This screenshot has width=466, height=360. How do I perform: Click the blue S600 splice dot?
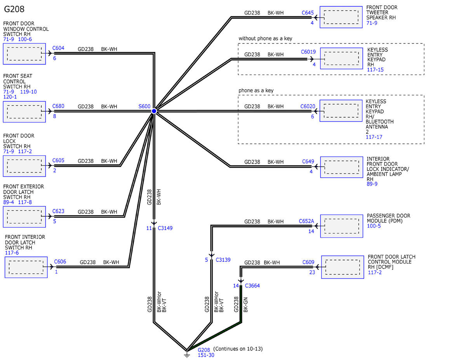click(154, 111)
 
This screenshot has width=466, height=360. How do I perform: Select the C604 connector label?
click(58, 48)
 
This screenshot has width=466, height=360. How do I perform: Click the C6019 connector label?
click(308, 52)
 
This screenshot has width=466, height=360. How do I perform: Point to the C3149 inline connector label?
click(165, 228)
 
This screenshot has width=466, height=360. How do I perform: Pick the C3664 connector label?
click(252, 285)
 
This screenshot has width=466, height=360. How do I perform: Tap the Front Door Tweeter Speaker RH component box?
click(341, 17)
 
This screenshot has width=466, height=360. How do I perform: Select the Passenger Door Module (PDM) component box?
click(342, 226)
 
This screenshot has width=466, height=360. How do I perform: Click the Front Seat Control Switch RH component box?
click(24, 112)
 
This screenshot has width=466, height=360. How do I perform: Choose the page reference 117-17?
click(374, 137)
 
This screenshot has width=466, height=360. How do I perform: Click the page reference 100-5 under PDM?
click(374, 226)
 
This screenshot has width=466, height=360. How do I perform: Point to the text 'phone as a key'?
click(256, 90)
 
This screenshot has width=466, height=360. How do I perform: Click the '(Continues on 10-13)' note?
click(238, 349)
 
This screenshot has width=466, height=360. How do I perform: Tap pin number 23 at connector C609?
click(312, 272)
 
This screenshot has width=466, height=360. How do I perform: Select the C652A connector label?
click(306, 221)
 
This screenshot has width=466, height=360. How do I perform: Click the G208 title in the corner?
click(14, 9)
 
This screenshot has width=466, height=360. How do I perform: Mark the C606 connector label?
click(60, 262)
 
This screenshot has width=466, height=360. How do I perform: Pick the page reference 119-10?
click(28, 92)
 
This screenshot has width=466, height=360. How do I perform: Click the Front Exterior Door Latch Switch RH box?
click(24, 217)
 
